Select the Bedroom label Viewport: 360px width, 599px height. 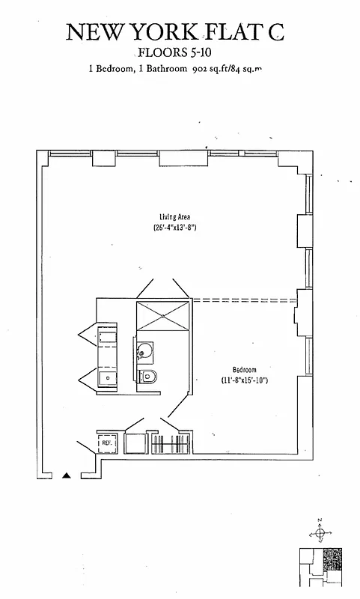click(x=244, y=370)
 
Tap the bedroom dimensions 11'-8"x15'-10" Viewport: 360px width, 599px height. click(x=244, y=381)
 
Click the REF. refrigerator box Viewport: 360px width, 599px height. click(x=106, y=443)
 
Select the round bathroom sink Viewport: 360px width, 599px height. click(x=144, y=351)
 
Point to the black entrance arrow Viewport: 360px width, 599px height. click(x=67, y=474)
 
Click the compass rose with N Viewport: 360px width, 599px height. click(x=320, y=533)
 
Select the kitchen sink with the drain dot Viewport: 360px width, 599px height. click(x=107, y=378)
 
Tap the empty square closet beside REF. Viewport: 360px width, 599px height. click(x=135, y=443)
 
